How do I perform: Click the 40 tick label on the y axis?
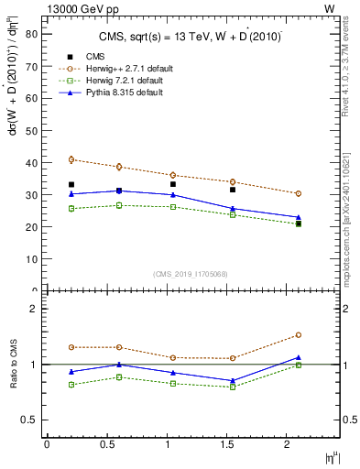coord(33,162)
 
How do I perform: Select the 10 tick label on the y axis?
coord(33,258)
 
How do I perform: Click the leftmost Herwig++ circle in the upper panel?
coord(71,159)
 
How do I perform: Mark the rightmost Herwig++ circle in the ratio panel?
coord(299,335)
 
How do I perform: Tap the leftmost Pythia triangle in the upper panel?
coord(71,193)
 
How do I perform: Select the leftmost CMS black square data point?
coord(71,184)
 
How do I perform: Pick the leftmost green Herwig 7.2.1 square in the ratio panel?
coord(71,385)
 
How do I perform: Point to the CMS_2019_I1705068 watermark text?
coord(191,273)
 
